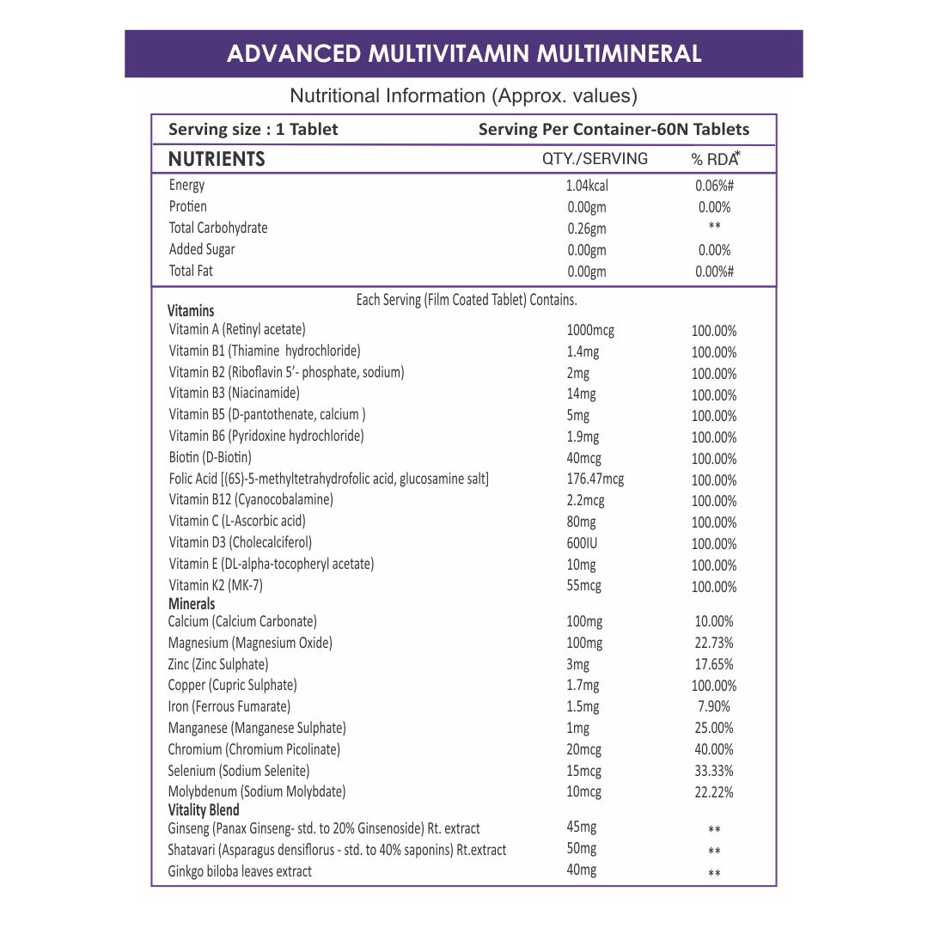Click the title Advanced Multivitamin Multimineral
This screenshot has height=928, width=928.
(464, 53)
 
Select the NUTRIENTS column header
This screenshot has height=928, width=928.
(217, 159)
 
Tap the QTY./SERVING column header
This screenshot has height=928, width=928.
(595, 159)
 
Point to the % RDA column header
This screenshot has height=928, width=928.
(715, 159)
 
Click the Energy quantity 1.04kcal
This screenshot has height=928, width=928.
(587, 186)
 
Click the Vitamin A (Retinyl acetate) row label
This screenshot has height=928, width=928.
(237, 329)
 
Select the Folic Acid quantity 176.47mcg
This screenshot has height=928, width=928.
(595, 479)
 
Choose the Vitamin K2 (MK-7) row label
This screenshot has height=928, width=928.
(216, 585)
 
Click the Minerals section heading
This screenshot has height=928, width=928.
(192, 604)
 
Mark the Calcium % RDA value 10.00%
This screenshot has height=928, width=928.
(715, 621)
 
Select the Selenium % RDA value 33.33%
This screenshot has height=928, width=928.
(714, 771)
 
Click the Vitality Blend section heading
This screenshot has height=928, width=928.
(204, 809)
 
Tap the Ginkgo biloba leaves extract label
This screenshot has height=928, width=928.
(240, 871)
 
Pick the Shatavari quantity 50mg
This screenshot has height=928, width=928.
(582, 849)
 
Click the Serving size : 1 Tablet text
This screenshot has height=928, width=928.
(253, 130)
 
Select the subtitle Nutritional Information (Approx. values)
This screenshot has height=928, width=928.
(463, 95)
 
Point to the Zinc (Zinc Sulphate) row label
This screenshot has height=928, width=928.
(218, 664)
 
